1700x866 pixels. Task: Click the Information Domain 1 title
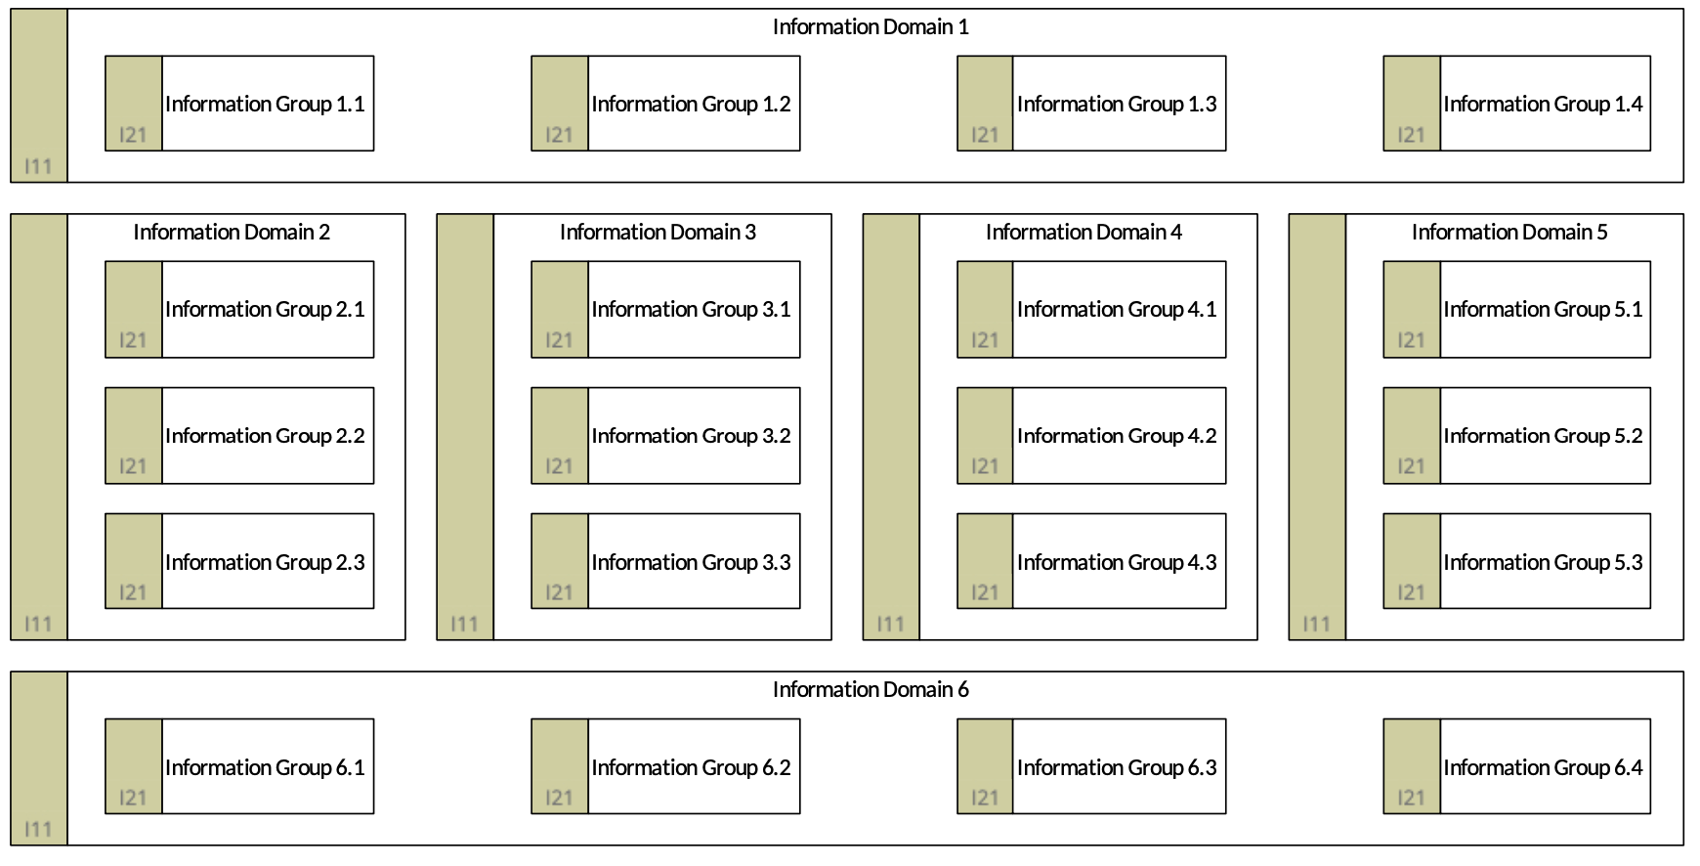pos(871,27)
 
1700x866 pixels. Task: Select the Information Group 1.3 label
pos(1117,104)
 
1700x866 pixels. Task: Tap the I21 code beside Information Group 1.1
pos(133,135)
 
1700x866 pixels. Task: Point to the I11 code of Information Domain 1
pos(38,166)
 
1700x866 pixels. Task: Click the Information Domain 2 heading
pos(232,233)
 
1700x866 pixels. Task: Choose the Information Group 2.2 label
pos(265,436)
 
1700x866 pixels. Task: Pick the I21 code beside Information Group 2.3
pos(133,592)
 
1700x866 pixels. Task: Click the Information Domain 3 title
pos(658,233)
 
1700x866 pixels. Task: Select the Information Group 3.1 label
pos(691,309)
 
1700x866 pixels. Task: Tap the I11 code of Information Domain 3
pos(464,624)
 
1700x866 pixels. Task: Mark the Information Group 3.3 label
pos(691,562)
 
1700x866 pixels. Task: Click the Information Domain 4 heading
pos(1084,233)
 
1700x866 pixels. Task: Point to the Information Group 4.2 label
pos(1117,436)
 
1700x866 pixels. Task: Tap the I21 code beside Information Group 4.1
pos(985,340)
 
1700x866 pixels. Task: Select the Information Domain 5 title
pos(1509,233)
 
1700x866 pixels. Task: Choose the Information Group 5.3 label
pos(1543,562)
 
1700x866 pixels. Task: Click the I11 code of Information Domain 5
pos(1316,624)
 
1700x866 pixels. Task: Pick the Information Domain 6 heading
pos(871,690)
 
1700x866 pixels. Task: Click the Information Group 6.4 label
pos(1543,767)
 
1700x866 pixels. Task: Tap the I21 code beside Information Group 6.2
pos(559,798)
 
